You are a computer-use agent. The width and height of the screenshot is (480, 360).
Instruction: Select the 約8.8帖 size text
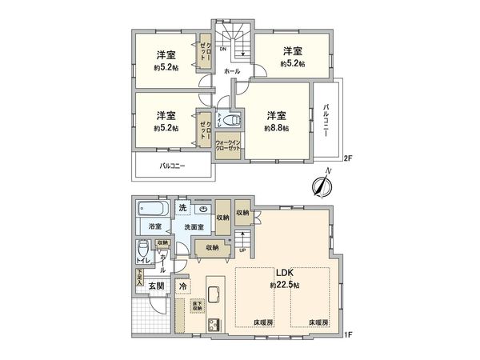[x=277, y=127]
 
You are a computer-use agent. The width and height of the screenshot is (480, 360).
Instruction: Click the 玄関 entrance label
[x=154, y=286]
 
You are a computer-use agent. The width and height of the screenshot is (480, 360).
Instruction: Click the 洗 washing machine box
[x=183, y=209]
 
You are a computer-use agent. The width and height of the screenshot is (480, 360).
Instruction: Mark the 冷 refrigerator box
[x=183, y=286]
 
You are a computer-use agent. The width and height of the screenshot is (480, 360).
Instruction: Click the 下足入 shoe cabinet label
[x=139, y=278]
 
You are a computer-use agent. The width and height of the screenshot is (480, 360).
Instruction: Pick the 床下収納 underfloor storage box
[x=197, y=306]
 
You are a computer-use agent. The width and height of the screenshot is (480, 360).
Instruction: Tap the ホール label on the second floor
[x=232, y=71]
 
